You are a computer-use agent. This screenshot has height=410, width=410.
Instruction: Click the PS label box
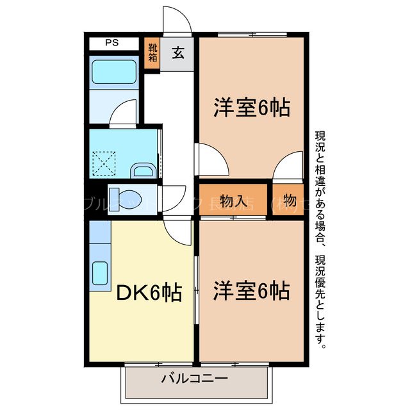coord(112,44)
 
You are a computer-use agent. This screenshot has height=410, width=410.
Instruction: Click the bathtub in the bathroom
coord(113,73)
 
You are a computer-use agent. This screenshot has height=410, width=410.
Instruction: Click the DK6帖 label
coord(148,294)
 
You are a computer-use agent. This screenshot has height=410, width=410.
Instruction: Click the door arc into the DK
coord(176,231)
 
